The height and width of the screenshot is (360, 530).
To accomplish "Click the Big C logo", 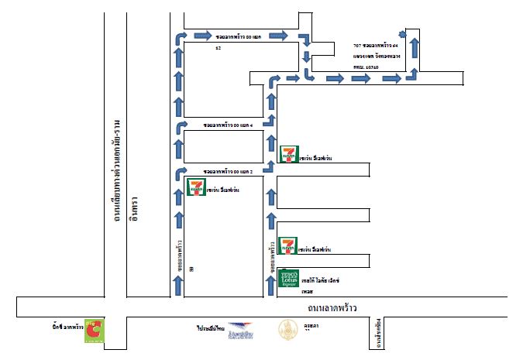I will click(96, 331).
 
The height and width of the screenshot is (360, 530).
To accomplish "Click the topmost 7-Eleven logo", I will click(290, 154).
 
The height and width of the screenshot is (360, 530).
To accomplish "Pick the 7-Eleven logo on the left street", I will click(197, 187).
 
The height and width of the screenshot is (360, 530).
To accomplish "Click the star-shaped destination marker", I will click(401, 34).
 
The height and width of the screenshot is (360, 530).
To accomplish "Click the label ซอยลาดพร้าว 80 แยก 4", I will click(229, 125).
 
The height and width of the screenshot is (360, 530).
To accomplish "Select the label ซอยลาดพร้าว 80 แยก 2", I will click(229, 171).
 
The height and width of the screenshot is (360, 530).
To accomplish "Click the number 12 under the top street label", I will click(219, 49).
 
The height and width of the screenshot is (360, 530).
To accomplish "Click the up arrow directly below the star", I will click(415, 49).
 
